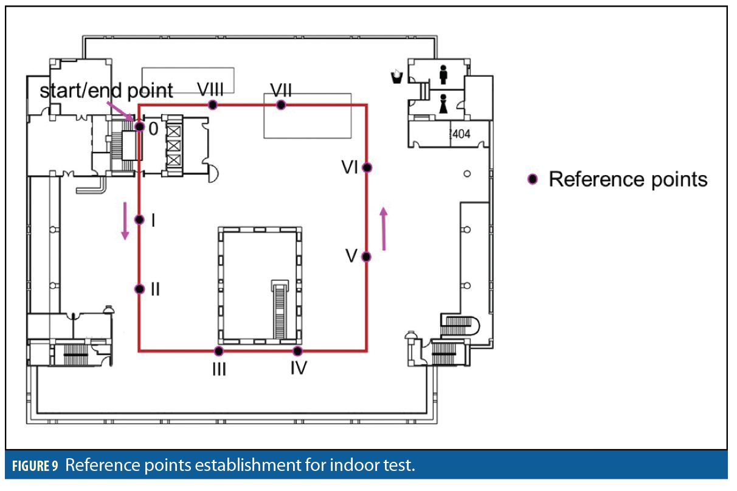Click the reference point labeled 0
pos(139,126)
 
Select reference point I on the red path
pos(139,219)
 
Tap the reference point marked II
pos(139,289)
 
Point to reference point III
pos(219,351)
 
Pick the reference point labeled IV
pos(297,351)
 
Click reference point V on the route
pos(366,256)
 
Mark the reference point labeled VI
pos(367,167)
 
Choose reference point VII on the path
pos(280,105)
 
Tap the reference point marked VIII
pos(212,105)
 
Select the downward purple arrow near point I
pos(125,221)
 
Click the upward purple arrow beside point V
pos(383,228)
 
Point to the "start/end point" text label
pos(106,91)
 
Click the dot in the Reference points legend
pos(533,179)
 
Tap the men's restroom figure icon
pos(443,74)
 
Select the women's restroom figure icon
pos(444,104)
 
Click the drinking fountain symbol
pos(396,76)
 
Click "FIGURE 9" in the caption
pos(35,467)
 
